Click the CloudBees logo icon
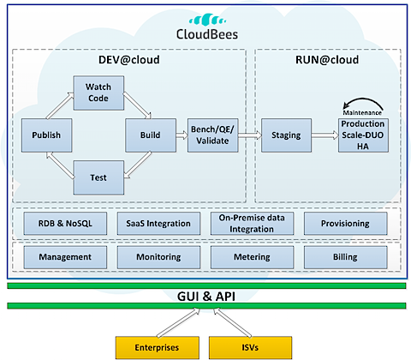pyautogui.click(x=207, y=20)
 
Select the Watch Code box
pyautogui.click(x=98, y=93)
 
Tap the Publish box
pyautogui.click(x=46, y=135)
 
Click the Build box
pyautogui.click(x=151, y=135)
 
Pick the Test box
pyautogui.click(x=98, y=177)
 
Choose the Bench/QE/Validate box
pyautogui.click(x=212, y=135)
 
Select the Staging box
pyautogui.click(x=286, y=135)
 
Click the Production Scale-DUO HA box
pyautogui.click(x=363, y=135)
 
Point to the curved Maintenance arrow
pyautogui.click(x=363, y=99)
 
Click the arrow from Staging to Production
pyautogui.click(x=325, y=135)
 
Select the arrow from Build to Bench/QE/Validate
pyautogui.click(x=182, y=135)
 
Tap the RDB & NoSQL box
pyautogui.click(x=65, y=224)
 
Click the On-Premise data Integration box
pyautogui.click(x=252, y=224)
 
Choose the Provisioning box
pyautogui.click(x=345, y=224)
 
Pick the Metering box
pyautogui.click(x=252, y=257)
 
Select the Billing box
pyautogui.click(x=345, y=257)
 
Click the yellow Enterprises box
pyautogui.click(x=158, y=347)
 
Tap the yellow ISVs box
pyautogui.click(x=250, y=347)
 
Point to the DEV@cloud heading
pyautogui.click(x=129, y=60)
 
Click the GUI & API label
pyautogui.click(x=206, y=297)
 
